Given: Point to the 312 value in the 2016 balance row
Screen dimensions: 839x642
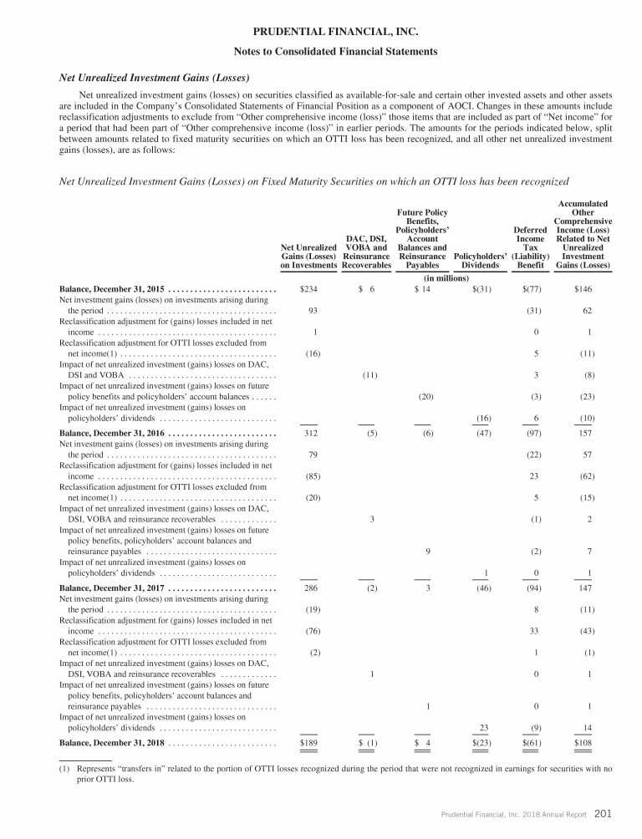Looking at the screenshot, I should pos(309,434).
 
